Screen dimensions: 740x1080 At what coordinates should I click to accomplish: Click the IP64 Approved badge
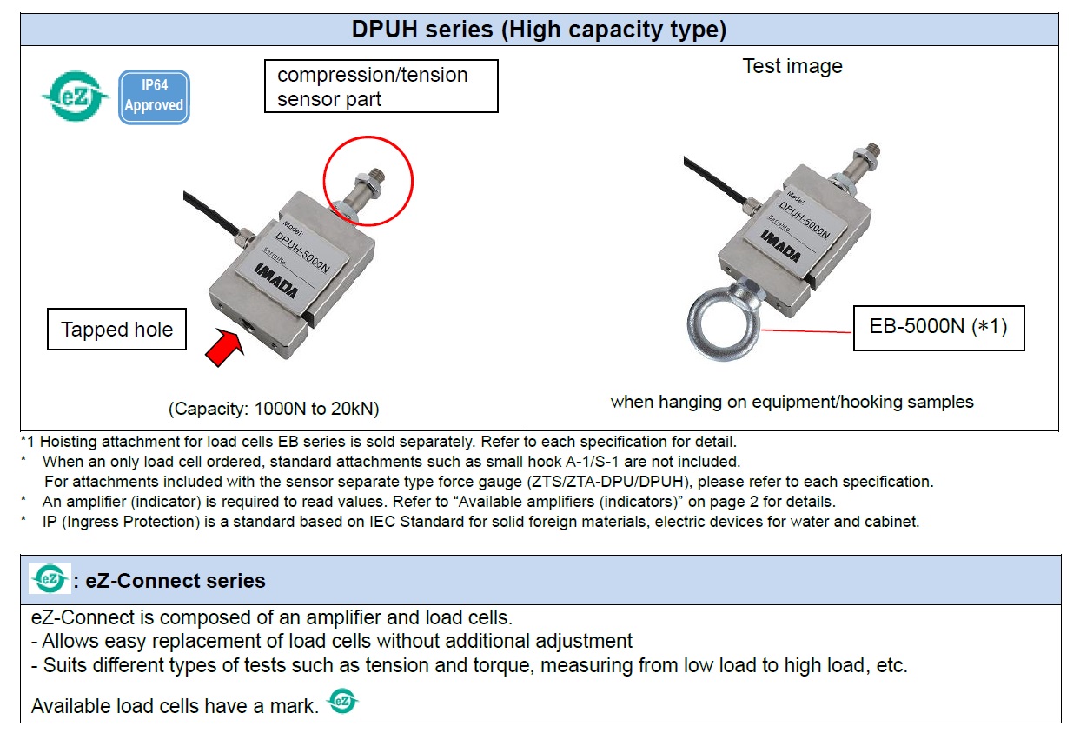(x=153, y=97)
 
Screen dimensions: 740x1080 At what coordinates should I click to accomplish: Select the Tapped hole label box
(x=116, y=330)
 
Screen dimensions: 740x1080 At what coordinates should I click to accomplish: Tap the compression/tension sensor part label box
(x=381, y=86)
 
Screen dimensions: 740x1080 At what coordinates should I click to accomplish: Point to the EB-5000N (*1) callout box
(x=938, y=328)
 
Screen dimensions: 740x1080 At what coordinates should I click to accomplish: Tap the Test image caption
(x=792, y=66)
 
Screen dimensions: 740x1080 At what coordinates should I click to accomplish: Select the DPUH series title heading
(x=539, y=30)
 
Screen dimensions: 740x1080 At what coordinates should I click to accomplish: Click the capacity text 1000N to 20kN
(x=274, y=408)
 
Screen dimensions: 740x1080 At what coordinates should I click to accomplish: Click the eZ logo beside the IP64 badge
(x=76, y=97)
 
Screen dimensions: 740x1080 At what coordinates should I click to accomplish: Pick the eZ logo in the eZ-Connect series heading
(x=49, y=579)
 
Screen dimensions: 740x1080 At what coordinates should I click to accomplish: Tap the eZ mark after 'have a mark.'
(x=342, y=701)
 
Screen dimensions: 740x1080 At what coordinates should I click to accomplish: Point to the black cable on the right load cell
(x=712, y=181)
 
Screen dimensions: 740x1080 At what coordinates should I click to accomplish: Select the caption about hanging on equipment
(x=792, y=402)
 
